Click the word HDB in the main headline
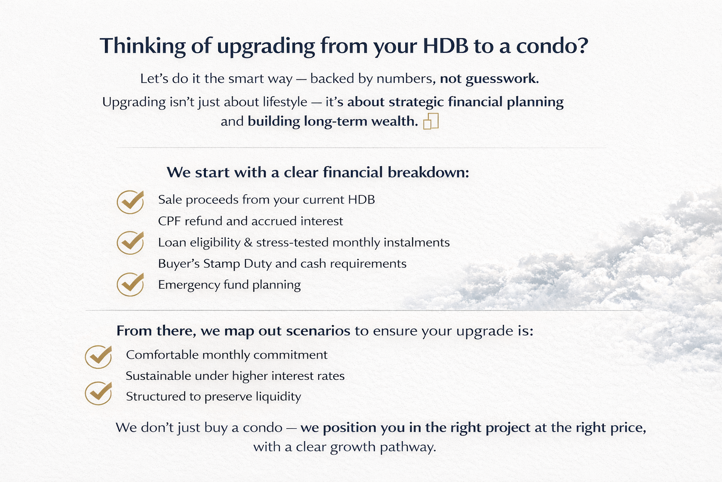[x=446, y=46]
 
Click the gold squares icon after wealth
[x=431, y=121]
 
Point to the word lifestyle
[x=285, y=102]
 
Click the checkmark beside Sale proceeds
[x=130, y=202]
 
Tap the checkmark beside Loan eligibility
[x=130, y=243]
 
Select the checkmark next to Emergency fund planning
[x=130, y=284]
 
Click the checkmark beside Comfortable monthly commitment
[x=98, y=357]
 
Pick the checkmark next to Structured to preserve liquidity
[x=98, y=393]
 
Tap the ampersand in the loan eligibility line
[x=248, y=242]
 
